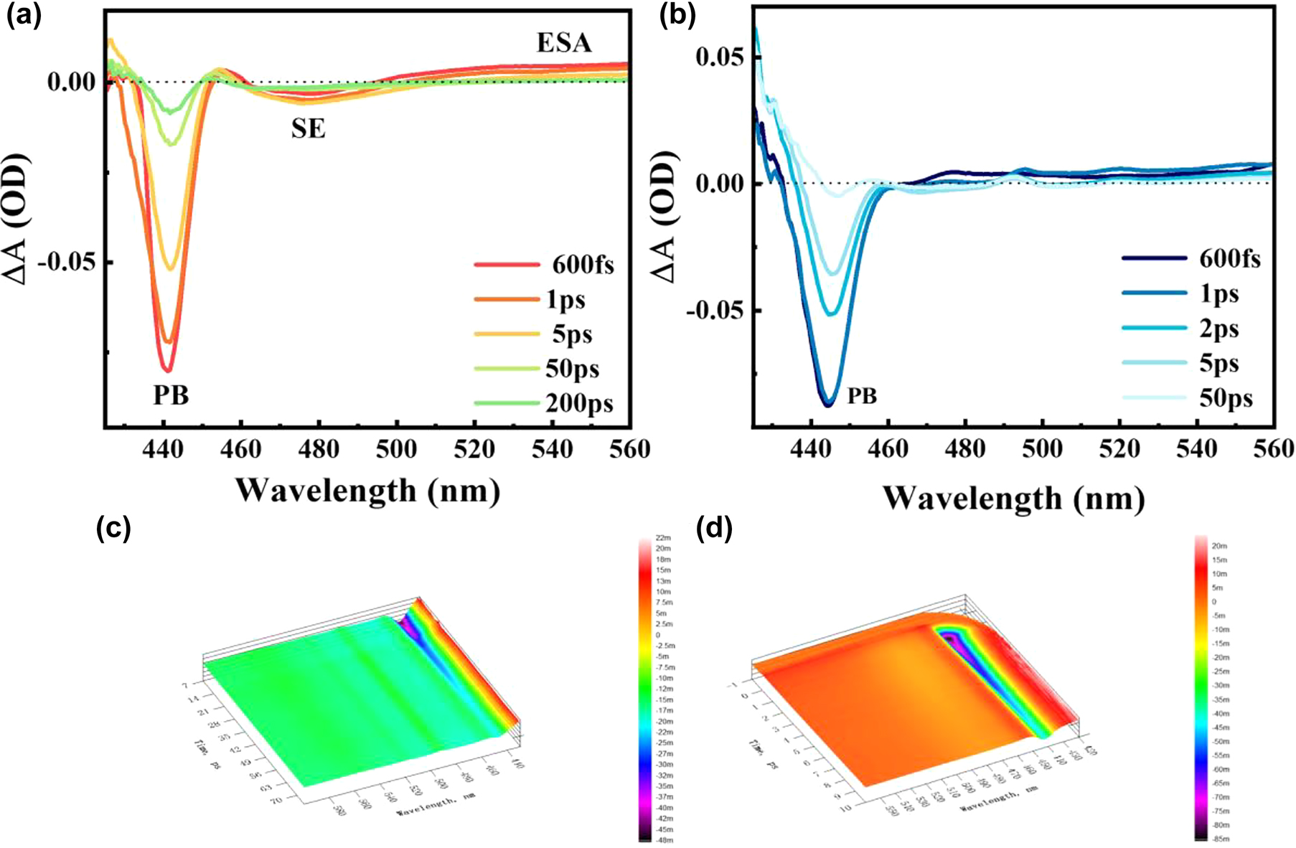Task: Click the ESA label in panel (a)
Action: click(564, 43)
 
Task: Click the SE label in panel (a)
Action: click(308, 129)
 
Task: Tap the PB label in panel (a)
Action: click(171, 395)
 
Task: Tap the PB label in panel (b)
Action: click(862, 396)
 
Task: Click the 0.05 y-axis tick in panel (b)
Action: click(719, 57)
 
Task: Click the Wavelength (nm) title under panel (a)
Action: click(367, 491)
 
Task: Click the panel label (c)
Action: click(113, 529)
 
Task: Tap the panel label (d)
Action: click(714, 529)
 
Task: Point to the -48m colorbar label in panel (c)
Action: click(665, 840)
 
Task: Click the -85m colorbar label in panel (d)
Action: click(1221, 839)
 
